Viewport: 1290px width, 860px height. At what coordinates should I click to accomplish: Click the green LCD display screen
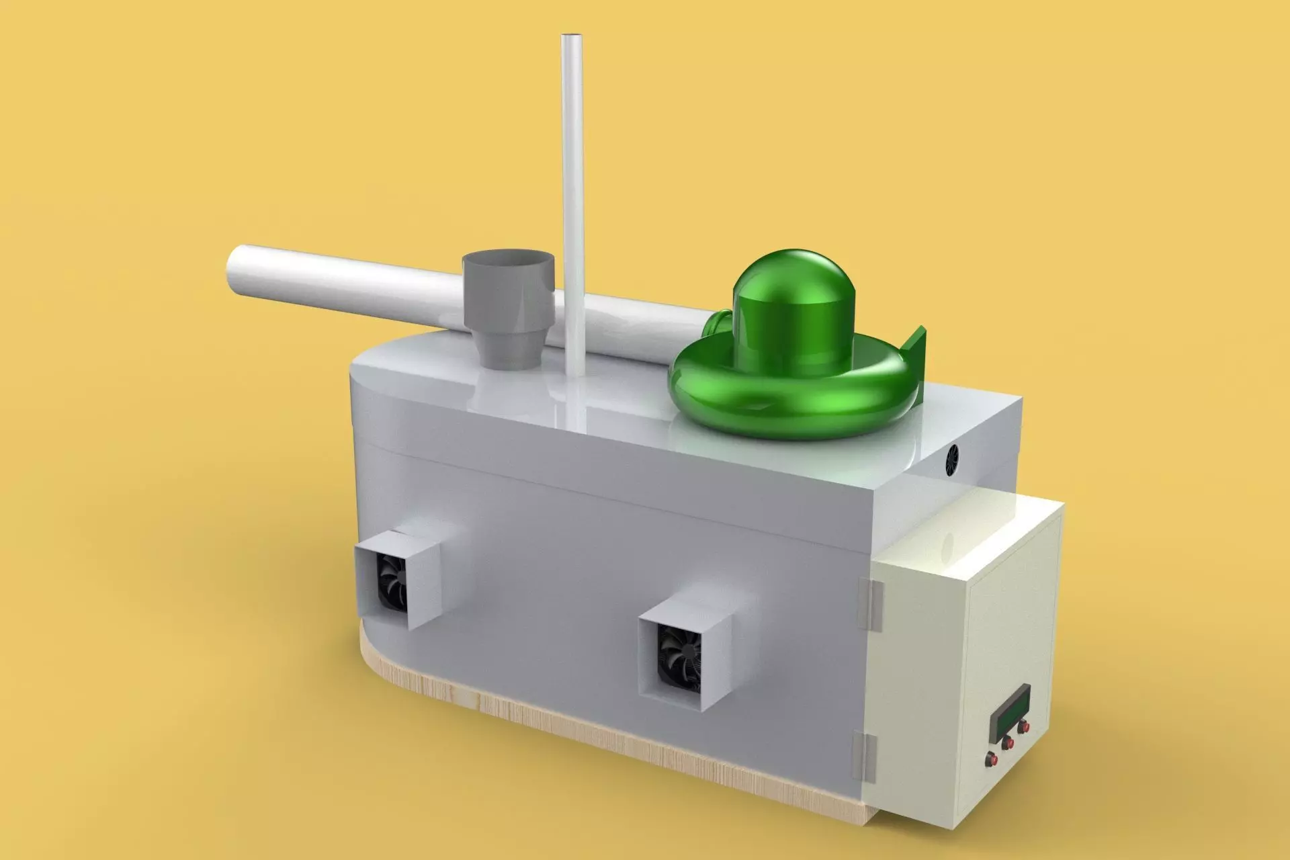click(x=1010, y=712)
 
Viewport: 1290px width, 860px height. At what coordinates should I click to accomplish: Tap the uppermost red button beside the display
click(x=1023, y=727)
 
